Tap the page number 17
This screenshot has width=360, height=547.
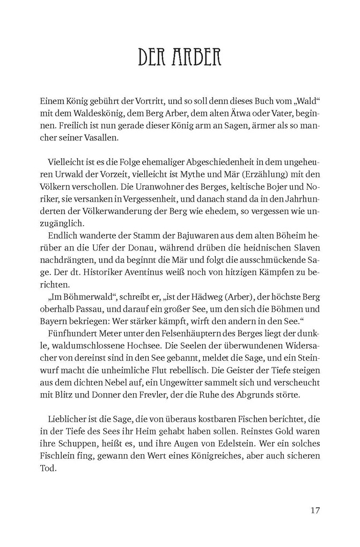[315, 509]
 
